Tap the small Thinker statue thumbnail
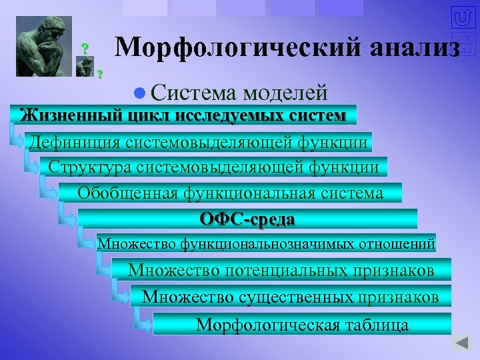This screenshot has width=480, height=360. pos(85,66)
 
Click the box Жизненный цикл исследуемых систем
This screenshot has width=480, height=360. pos(184,115)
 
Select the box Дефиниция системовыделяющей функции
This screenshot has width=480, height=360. pos(198,142)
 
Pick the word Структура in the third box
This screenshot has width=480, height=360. pos(87,167)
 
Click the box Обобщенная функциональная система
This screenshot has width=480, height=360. pos(231,193)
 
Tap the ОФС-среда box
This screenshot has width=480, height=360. pos(247,219)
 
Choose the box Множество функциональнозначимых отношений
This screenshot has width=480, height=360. pos(267,244)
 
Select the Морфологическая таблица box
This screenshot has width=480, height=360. pos(302,325)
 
